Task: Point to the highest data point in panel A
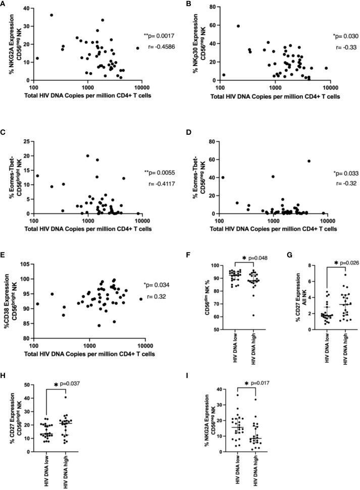pos(52,15)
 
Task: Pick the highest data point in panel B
pos(238,26)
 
